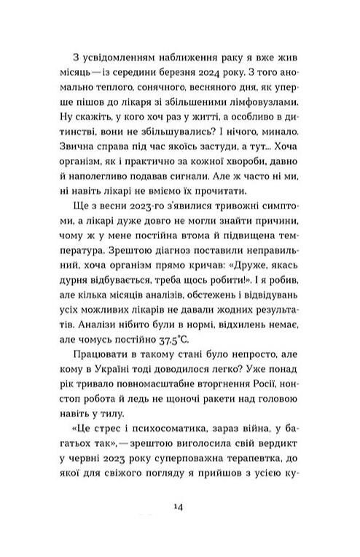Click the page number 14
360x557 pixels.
[179, 508]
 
